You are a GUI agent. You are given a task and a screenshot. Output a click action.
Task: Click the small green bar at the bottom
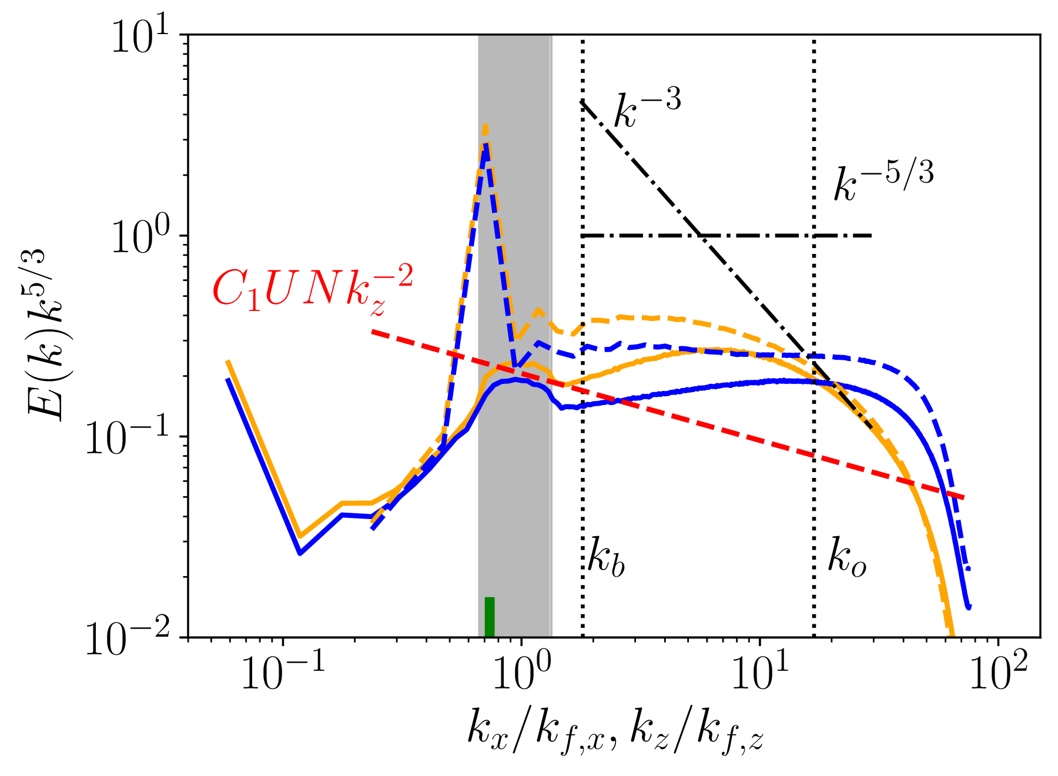click(x=489, y=617)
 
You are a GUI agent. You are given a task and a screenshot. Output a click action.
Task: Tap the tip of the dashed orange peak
click(x=486, y=126)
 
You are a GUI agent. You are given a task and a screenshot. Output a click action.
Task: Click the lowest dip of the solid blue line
click(x=300, y=553)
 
